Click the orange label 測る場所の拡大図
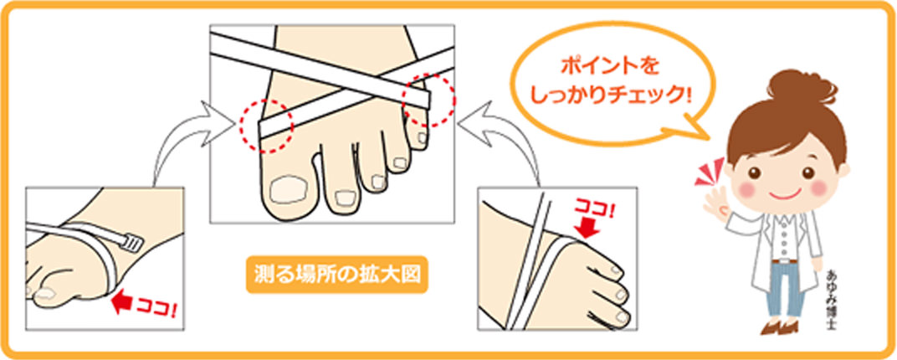337,275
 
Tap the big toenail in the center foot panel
286,189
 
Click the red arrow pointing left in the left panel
121,301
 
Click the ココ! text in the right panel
594,208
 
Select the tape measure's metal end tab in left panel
131,244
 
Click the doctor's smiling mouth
784,194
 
